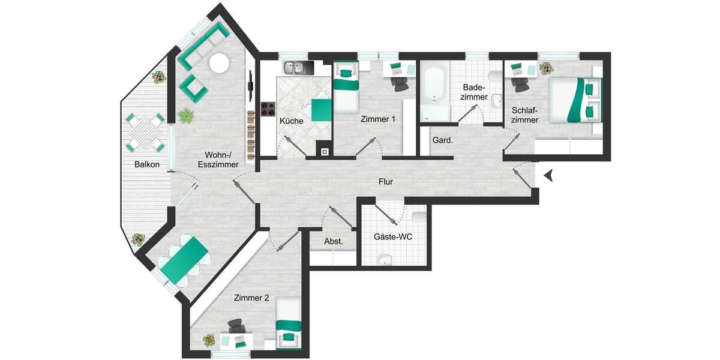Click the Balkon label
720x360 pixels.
(147, 164)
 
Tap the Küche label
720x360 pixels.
(292, 121)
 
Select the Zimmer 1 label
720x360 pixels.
(378, 119)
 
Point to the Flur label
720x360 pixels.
(386, 181)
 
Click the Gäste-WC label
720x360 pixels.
(392, 237)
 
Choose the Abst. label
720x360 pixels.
(333, 241)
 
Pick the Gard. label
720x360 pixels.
(442, 140)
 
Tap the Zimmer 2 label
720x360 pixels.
(252, 298)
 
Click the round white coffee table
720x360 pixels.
(219, 63)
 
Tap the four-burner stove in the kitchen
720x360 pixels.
(268, 109)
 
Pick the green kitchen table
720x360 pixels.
(321, 110)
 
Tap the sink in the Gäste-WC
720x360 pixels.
(385, 259)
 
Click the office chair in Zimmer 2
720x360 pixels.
(236, 326)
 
